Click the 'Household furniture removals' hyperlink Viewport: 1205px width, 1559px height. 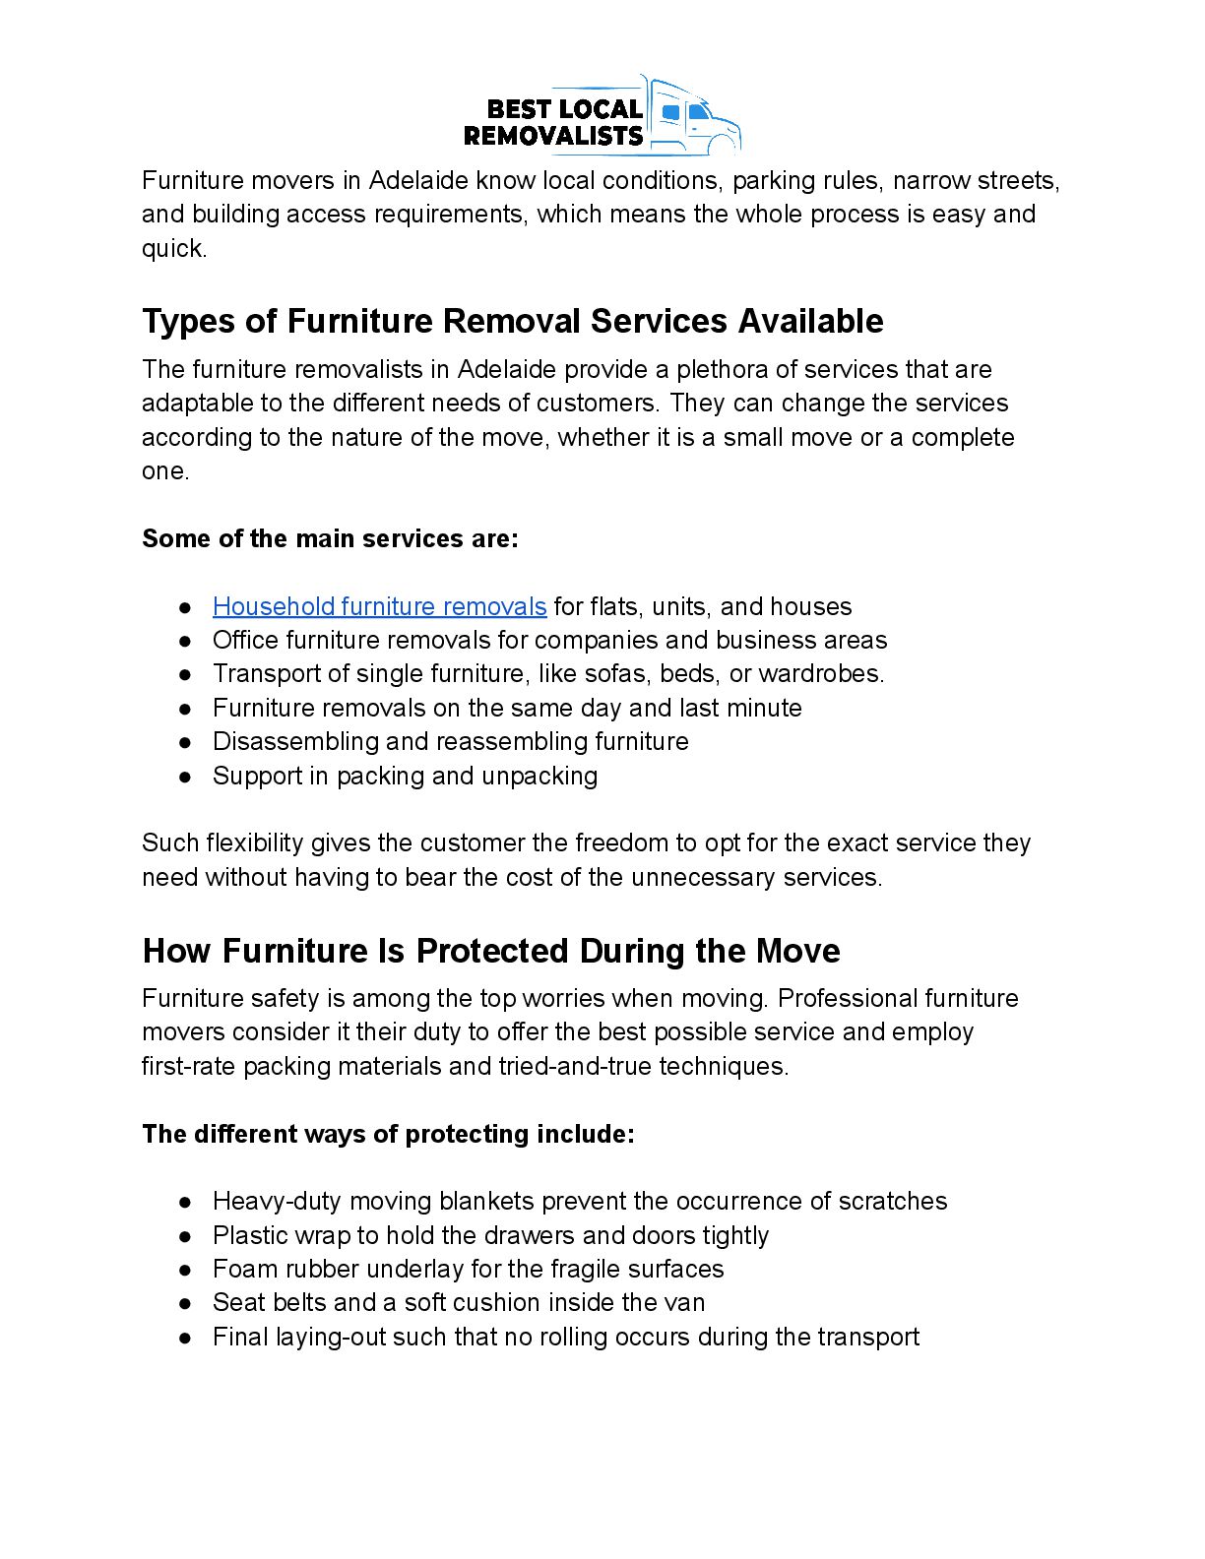379,606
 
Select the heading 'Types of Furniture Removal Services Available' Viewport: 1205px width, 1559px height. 512,321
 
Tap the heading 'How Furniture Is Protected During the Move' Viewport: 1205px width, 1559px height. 490,951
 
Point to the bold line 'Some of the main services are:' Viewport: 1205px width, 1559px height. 330,538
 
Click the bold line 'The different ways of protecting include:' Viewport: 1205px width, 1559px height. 388,1134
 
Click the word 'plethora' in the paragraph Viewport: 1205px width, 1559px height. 715,369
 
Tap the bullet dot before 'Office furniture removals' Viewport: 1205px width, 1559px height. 184,641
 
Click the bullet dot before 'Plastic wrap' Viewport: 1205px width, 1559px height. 184,1236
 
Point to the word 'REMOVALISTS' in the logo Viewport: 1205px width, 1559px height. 552,136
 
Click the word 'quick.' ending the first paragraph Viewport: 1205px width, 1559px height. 174,248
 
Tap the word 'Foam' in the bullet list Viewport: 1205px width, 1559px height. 239,1269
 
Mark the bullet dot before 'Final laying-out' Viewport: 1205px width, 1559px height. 184,1338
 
